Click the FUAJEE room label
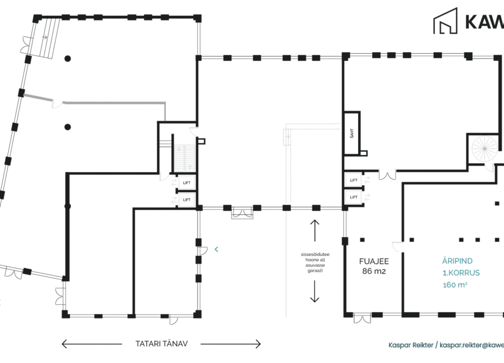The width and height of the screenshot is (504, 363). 373,261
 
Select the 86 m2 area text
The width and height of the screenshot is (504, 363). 373,272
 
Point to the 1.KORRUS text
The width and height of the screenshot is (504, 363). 461,273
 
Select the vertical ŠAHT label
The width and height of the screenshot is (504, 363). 351,133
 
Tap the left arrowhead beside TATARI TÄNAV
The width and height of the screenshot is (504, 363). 64,344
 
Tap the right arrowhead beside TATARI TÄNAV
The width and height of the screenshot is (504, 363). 258,344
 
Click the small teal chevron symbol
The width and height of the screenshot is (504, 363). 216,249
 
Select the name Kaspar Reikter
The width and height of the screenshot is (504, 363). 411,345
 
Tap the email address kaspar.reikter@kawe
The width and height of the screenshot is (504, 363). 472,345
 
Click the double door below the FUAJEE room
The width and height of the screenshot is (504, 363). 362,319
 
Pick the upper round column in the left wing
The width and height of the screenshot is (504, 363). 68,58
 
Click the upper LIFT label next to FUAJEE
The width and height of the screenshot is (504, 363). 353,180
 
